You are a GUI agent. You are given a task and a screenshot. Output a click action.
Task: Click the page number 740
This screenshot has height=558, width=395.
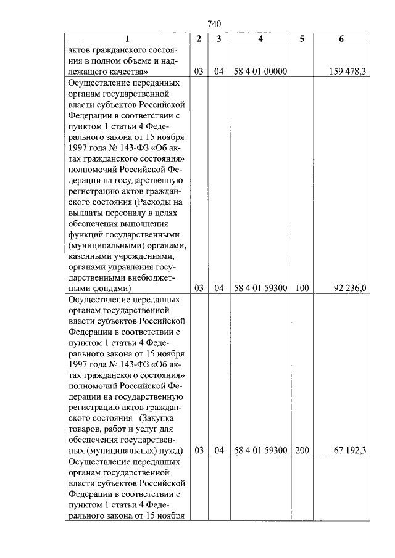coord(214,24)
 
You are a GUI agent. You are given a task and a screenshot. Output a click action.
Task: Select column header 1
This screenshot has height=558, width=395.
coord(127,39)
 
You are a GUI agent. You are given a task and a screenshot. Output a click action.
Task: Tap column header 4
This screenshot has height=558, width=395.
coord(260,39)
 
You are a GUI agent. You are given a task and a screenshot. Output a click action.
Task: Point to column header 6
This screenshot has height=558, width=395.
coord(341,39)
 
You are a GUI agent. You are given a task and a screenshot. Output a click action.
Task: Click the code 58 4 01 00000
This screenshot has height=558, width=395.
coord(260,72)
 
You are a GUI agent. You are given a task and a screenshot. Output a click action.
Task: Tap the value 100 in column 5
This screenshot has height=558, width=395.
coord(302,288)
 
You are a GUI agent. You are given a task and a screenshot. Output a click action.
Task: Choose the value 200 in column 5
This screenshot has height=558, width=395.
coord(302,451)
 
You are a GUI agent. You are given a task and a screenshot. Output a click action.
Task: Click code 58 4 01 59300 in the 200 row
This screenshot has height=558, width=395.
coord(260,451)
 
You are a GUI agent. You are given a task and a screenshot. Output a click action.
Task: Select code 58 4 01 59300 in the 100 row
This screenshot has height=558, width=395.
coord(260,288)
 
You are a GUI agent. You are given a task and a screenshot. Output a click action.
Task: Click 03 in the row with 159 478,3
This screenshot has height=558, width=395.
coord(199,72)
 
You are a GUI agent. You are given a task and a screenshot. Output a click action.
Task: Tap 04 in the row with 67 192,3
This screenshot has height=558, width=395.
coord(218,451)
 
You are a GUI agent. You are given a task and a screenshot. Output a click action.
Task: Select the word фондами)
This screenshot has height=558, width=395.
coord(109,288)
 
